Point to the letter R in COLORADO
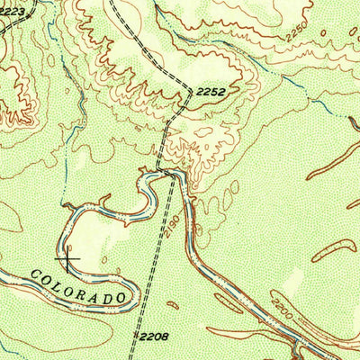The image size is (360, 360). click(85, 285)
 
